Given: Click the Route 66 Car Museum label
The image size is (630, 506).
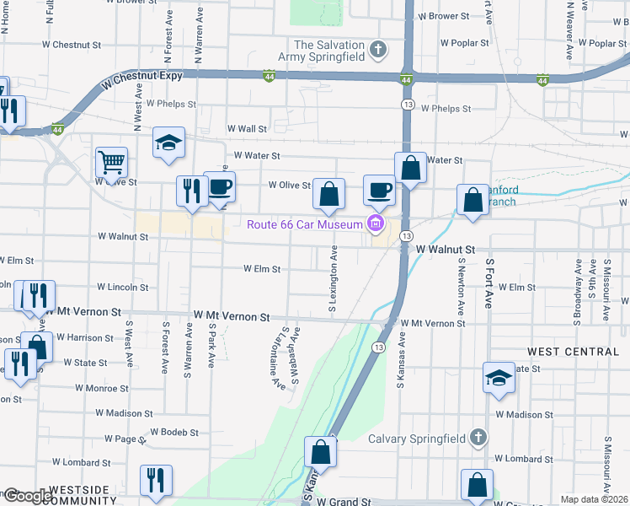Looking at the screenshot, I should [303, 223].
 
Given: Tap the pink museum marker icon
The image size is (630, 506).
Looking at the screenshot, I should [376, 223].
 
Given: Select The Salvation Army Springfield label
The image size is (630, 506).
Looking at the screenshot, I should [329, 51].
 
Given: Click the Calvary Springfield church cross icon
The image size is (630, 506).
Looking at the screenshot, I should [478, 438].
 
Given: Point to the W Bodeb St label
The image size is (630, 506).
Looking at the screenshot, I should [174, 433].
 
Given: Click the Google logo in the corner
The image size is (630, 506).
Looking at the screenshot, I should [27, 496].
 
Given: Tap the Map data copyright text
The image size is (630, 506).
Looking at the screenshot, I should [595, 499].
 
